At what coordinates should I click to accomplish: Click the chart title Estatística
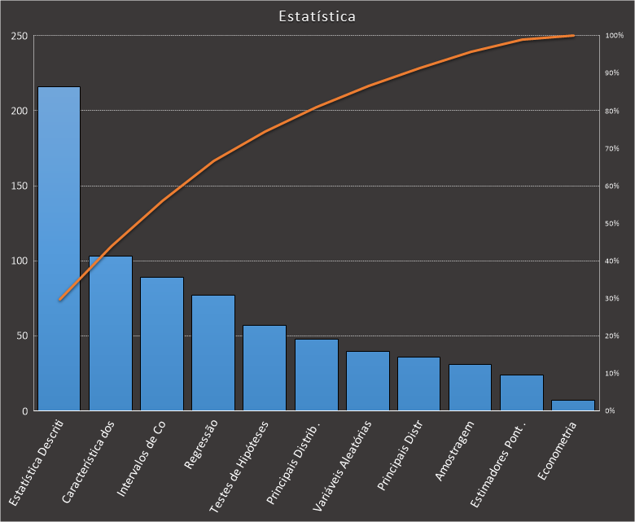click(317, 16)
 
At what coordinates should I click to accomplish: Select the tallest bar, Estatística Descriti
click(59, 248)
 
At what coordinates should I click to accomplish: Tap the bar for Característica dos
click(110, 333)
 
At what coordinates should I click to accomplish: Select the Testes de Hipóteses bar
click(264, 367)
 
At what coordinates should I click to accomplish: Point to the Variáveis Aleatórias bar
click(367, 380)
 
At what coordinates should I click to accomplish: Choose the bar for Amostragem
click(470, 387)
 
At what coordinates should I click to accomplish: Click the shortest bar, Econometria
click(573, 405)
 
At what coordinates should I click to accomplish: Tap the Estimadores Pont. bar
click(521, 393)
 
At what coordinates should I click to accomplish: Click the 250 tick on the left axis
click(19, 36)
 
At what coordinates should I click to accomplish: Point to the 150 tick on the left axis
click(19, 186)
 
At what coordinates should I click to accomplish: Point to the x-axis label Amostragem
click(454, 452)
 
